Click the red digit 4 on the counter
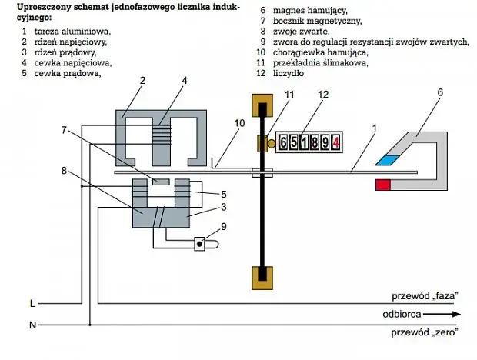tap(337, 143)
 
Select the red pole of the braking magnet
tap(383, 185)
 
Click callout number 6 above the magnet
tap(439, 92)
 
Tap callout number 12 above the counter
tap(323, 95)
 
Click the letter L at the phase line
tap(32, 303)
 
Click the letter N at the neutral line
tap(32, 325)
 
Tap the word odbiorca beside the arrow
tap(402, 314)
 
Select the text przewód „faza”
tap(422, 296)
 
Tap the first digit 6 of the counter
tap(285, 143)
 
